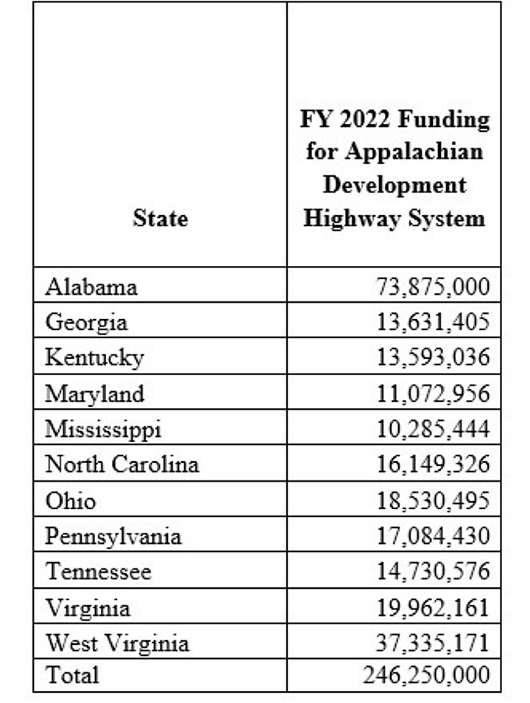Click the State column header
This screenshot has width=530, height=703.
point(160,218)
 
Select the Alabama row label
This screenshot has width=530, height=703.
point(91,286)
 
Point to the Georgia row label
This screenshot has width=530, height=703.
point(86,322)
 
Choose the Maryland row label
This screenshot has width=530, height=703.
point(95,394)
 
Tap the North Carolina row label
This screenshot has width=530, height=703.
point(122,465)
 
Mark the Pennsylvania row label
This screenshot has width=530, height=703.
point(113,536)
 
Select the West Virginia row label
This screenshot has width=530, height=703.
point(117,643)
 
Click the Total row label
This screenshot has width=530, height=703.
point(72,675)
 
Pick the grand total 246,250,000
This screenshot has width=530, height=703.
point(426,675)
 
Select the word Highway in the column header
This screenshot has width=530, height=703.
point(344,218)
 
